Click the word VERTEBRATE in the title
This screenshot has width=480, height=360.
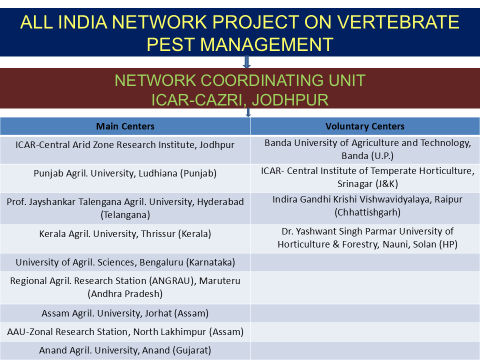pyautogui.click(x=398, y=22)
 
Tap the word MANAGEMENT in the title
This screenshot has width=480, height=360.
pyautogui.click(x=266, y=44)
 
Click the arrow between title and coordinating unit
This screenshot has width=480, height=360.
pyautogui.click(x=246, y=62)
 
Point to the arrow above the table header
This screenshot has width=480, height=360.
pyautogui.click(x=248, y=112)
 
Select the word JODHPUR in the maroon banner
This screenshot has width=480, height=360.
pyautogui.click(x=290, y=100)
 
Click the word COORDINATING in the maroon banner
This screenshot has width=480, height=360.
pyautogui.click(x=262, y=80)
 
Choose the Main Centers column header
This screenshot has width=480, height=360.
pyautogui.click(x=125, y=126)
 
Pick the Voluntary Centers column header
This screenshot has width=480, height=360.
pyautogui.click(x=365, y=126)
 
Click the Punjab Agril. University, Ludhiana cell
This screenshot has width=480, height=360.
pyautogui.click(x=125, y=173)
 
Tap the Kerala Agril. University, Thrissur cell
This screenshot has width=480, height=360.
pyautogui.click(x=125, y=234)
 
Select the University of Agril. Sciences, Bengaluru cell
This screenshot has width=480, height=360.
pyautogui.click(x=125, y=262)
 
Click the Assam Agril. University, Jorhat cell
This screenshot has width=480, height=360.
pyautogui.click(x=125, y=313)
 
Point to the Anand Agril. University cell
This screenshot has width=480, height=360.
pyautogui.click(x=125, y=350)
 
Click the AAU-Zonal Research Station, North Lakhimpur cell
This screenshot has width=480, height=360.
pyautogui.click(x=125, y=332)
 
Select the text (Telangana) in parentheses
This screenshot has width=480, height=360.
pyautogui.click(x=125, y=215)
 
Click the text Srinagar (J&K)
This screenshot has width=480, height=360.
pyautogui.click(x=367, y=183)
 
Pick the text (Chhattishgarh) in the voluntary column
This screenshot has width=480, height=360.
pyautogui.click(x=367, y=212)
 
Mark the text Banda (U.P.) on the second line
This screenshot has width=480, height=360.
pyautogui.click(x=367, y=156)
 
